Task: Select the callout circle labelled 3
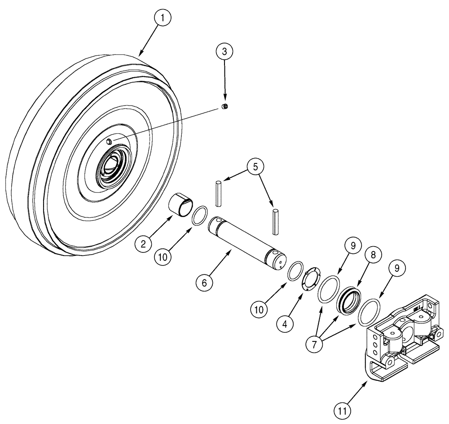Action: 224,51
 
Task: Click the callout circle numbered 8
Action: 374,254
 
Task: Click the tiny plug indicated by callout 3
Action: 226,106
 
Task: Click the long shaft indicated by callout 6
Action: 246,243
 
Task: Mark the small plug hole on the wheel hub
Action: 109,141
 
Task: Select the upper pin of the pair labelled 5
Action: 218,194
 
